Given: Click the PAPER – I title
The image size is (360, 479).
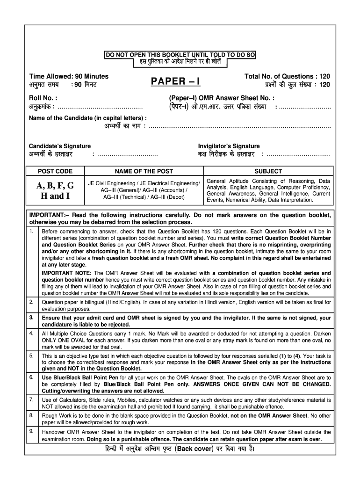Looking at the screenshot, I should pos(175,81).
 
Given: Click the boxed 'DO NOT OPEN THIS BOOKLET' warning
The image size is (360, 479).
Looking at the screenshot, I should pos(180,55).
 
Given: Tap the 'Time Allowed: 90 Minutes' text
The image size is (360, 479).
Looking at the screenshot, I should pos(69,76).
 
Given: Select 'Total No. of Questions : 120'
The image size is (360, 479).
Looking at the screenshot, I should pos(287,76).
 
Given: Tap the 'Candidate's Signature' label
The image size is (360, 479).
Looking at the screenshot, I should pos(60,146).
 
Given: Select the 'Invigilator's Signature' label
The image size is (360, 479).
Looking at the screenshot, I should pos(229,146).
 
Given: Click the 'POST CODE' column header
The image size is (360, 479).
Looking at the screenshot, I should pos(55,171).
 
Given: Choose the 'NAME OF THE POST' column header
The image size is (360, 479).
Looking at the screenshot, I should pos(144,171).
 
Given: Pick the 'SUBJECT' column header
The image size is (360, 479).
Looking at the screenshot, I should pos(268,171).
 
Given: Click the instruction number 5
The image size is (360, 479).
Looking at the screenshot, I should pos(31,356).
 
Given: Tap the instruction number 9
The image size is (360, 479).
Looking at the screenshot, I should pos(31,431).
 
